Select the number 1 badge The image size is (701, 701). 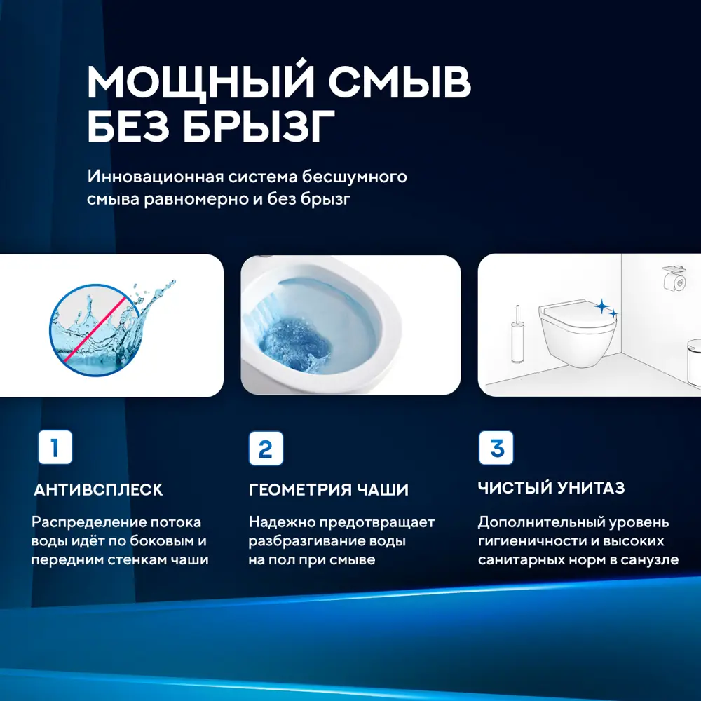(55, 447)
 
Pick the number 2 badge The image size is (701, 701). (266, 449)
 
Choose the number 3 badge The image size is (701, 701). (496, 448)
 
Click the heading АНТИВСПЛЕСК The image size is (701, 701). (98, 489)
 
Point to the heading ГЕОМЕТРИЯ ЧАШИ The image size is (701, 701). (328, 489)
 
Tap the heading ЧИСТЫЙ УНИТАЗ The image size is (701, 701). (551, 488)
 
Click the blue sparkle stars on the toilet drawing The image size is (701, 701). (605, 308)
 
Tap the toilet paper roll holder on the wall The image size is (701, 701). (673, 280)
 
